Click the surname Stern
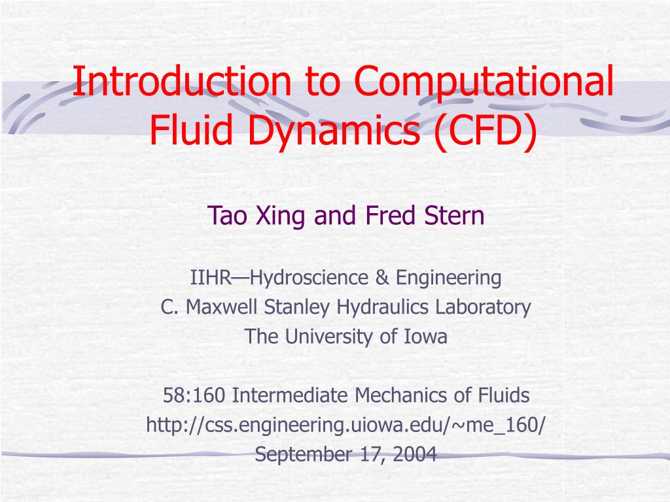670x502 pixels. [456, 215]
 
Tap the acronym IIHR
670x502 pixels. [211, 278]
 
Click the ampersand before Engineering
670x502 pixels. [383, 278]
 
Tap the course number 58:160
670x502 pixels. [195, 395]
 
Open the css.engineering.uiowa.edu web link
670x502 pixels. [345, 425]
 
